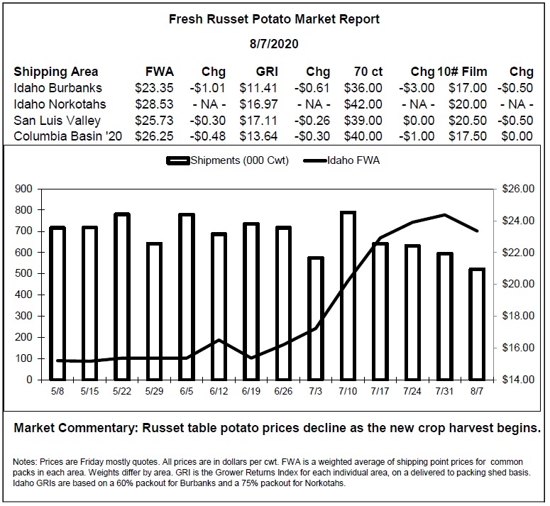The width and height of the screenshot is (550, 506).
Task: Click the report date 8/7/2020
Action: click(x=274, y=44)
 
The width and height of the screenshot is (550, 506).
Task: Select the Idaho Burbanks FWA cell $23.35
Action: click(x=154, y=88)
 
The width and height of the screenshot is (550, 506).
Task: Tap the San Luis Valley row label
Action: click(x=57, y=121)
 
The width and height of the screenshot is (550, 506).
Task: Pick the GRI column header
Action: click(x=267, y=72)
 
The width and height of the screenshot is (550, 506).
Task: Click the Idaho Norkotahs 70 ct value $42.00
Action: click(x=363, y=104)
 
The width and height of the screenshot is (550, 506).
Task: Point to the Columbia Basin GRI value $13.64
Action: click(x=258, y=136)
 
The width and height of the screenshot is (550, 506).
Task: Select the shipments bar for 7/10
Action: click(x=348, y=296)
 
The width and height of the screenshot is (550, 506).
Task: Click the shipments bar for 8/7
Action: click(x=477, y=324)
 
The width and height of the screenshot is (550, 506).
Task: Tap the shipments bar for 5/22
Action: click(x=122, y=297)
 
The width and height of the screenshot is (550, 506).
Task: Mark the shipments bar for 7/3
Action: click(x=315, y=319)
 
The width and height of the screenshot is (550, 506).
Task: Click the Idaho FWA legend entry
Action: click(x=341, y=160)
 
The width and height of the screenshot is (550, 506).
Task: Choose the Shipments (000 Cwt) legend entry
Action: click(x=228, y=160)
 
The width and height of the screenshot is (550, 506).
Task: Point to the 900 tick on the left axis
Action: click(x=23, y=189)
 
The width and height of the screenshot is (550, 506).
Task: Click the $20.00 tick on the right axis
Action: click(x=518, y=284)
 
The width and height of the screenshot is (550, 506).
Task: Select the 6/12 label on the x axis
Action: click(x=219, y=391)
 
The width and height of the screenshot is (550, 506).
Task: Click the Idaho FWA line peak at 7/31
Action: click(x=444, y=214)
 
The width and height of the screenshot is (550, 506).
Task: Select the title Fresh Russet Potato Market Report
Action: click(x=274, y=19)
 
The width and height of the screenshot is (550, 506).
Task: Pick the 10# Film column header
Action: click(x=462, y=72)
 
